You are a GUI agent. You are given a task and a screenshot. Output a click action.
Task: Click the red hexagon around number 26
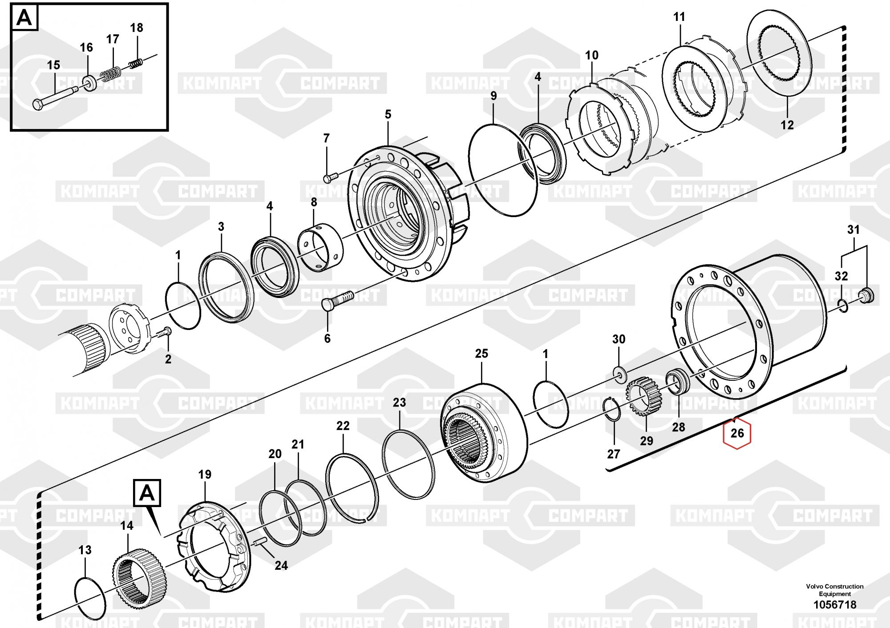click(737, 433)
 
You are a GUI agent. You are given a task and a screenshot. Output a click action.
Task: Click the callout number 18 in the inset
click(137, 28)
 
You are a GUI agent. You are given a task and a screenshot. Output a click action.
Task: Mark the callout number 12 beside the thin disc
click(787, 125)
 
